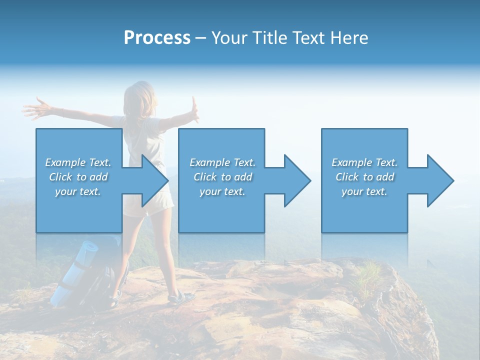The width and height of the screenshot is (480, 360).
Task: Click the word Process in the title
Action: pos(157,38)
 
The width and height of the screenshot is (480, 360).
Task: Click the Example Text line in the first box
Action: pos(78,162)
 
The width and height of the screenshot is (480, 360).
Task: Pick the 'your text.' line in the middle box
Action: pos(222,191)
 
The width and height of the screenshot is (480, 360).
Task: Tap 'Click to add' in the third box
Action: pos(364,177)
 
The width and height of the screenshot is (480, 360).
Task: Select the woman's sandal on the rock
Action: pos(180,298)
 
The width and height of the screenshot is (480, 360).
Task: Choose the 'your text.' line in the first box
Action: pos(78,191)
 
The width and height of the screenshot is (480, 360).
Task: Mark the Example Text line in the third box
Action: pos(364,162)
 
